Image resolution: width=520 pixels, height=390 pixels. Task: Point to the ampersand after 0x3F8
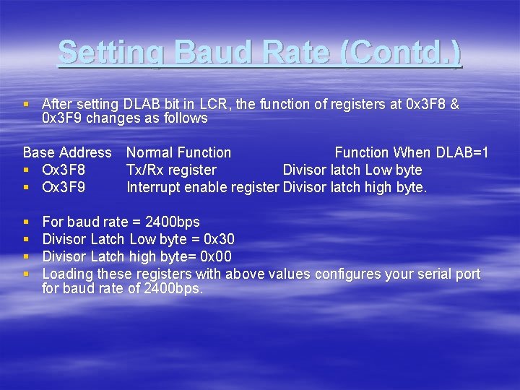[454, 105]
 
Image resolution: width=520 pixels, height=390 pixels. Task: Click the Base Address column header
[67, 152]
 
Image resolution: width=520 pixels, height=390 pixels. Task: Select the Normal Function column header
[178, 152]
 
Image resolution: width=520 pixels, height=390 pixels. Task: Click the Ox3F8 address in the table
[64, 170]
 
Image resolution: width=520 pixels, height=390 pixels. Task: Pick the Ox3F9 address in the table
[64, 188]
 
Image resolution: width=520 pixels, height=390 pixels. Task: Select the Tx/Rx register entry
[171, 170]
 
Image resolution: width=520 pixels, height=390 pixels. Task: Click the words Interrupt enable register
[203, 188]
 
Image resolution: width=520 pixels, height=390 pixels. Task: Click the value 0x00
[216, 256]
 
